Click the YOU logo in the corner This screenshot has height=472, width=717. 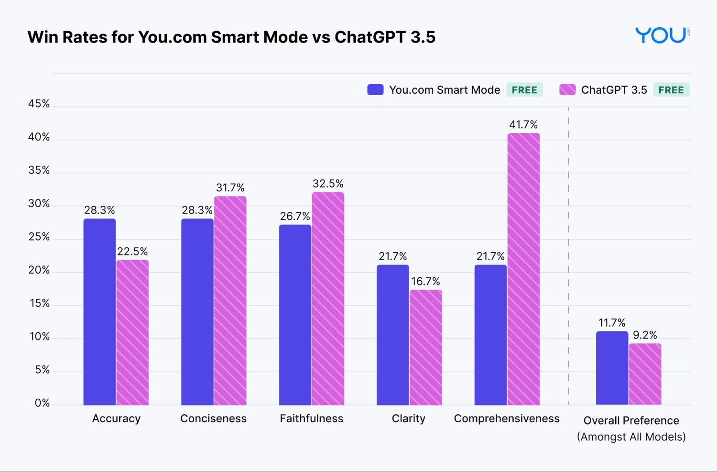click(661, 35)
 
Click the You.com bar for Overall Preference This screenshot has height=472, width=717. click(612, 368)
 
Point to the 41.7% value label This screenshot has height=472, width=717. click(523, 125)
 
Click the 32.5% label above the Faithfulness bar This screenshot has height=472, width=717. click(328, 184)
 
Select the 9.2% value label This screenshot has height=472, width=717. click(645, 335)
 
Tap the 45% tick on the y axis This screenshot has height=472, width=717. click(39, 104)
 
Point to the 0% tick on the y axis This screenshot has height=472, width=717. click(42, 403)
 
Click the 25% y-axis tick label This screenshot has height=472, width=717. click(39, 237)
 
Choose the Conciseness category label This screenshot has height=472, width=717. click(213, 418)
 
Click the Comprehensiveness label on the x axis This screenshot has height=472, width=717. click(507, 418)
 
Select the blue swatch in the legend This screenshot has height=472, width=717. click(375, 90)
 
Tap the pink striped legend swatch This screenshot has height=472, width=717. click(567, 90)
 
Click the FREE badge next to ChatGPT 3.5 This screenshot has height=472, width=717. click(671, 90)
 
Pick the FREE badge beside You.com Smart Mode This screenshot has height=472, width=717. click(524, 90)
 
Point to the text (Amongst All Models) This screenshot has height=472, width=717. click(631, 437)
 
